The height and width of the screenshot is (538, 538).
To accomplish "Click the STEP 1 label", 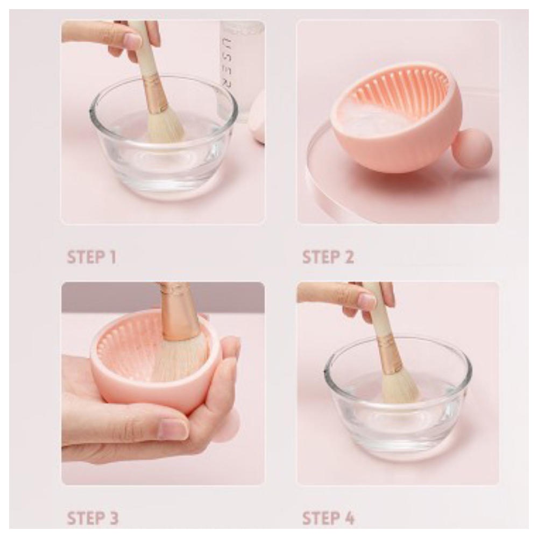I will tap(91, 257).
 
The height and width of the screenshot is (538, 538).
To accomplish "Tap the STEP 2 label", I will tap(328, 257).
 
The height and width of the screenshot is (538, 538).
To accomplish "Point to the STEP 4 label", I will tap(328, 519).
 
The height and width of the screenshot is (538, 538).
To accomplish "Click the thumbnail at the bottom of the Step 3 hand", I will tap(173, 429).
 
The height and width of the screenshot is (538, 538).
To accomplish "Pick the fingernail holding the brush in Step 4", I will tap(367, 301).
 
